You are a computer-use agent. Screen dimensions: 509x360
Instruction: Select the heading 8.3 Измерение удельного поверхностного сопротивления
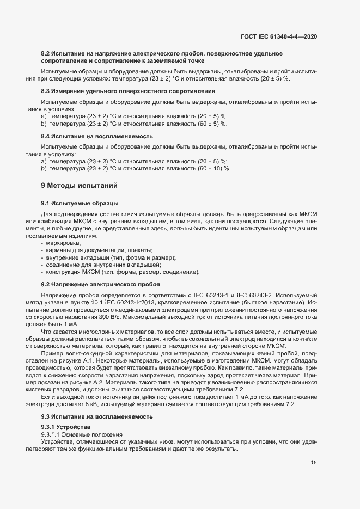[128, 90]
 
